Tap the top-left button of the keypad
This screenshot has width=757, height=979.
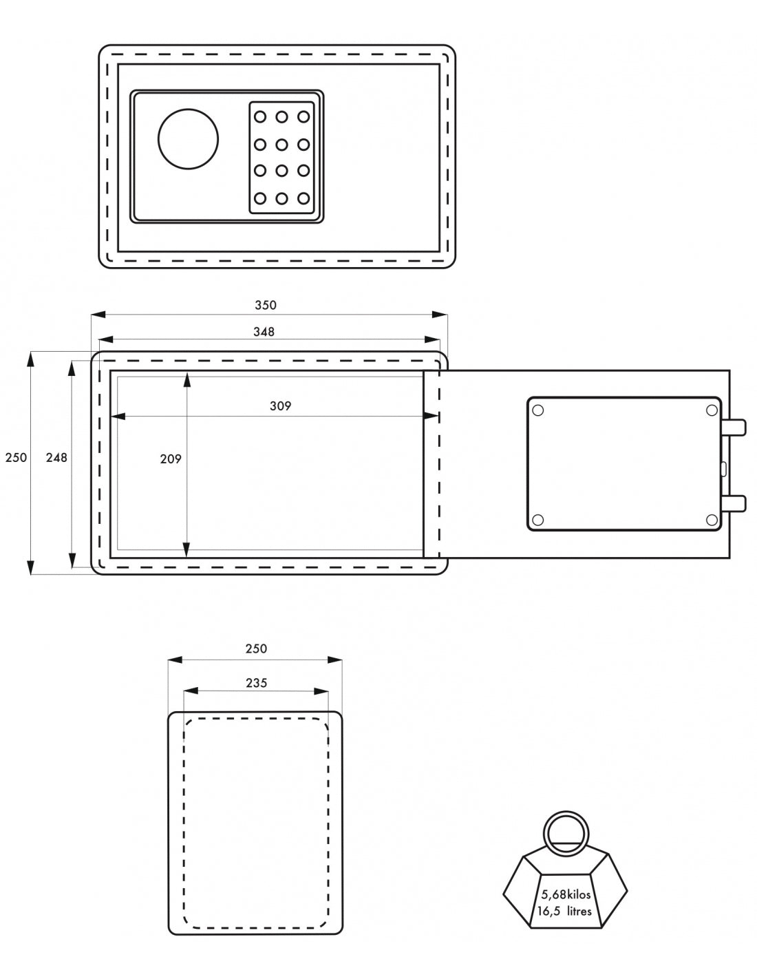[260, 117]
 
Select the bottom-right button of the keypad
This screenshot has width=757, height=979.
[303, 198]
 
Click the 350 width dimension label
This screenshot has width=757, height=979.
[265, 305]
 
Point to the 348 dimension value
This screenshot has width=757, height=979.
[264, 332]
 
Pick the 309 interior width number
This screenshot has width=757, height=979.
[280, 406]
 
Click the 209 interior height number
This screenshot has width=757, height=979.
[170, 459]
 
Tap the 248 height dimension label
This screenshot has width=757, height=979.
[56, 458]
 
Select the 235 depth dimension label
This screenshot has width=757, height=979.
[256, 683]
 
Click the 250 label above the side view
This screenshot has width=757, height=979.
[256, 649]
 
